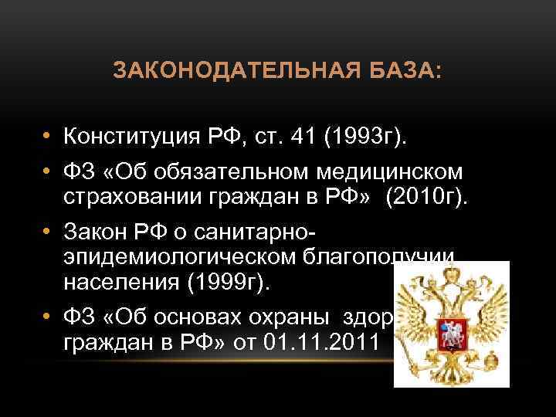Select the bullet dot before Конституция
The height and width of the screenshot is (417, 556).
coord(47,137)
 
